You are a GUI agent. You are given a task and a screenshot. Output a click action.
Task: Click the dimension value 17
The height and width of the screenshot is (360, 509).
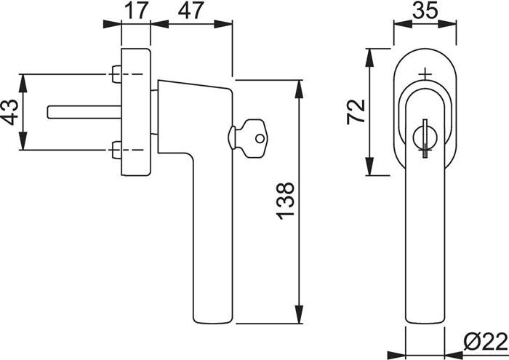136,10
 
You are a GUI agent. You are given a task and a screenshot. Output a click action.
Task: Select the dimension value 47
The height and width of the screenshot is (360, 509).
191,10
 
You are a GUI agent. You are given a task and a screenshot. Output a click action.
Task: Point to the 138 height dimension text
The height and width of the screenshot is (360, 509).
286,201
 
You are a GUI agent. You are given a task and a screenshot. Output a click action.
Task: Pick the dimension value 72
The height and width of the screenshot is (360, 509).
356,112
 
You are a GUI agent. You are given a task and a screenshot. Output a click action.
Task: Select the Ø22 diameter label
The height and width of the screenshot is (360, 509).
486,342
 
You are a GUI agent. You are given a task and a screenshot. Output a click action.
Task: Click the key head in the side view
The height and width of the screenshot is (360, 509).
251,139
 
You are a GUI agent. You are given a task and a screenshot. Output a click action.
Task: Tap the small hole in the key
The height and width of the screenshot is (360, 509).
260,139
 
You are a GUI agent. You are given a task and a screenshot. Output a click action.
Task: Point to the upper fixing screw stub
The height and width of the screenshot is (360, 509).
117,74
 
